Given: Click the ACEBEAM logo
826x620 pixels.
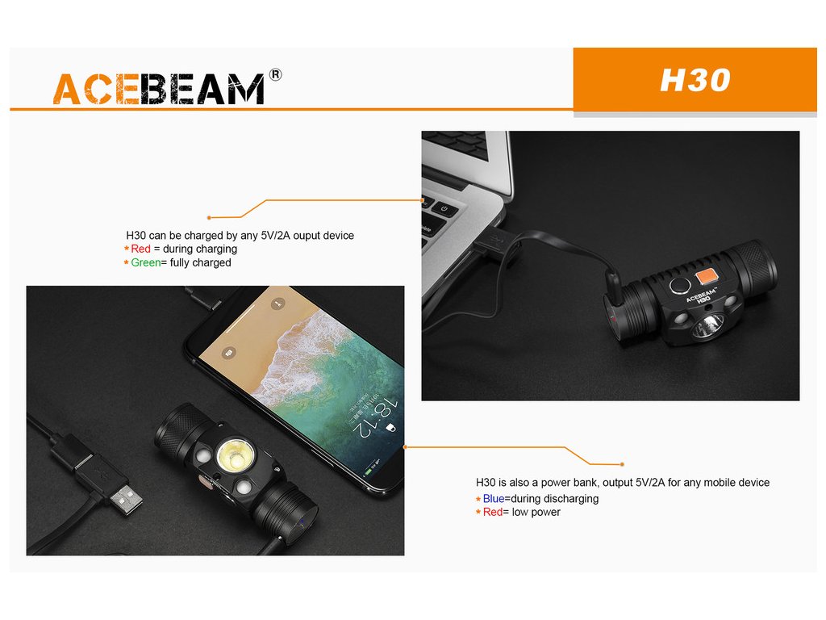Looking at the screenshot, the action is click(x=159, y=89).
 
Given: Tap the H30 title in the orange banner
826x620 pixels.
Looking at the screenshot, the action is click(x=695, y=80).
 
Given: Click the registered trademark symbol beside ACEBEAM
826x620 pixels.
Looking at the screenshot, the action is click(x=275, y=75).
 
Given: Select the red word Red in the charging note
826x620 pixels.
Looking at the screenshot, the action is click(x=140, y=249).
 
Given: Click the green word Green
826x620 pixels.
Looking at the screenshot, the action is click(x=146, y=262).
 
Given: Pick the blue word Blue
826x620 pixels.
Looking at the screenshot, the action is click(x=494, y=499).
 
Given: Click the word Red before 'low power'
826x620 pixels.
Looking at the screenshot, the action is click(x=493, y=513).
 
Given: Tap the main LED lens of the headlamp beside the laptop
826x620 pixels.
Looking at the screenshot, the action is click(x=707, y=326).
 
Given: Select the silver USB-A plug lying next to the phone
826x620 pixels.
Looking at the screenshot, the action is click(x=125, y=498).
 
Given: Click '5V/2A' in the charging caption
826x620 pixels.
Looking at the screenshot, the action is click(x=276, y=236).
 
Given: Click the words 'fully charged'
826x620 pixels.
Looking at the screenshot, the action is click(x=201, y=262).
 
